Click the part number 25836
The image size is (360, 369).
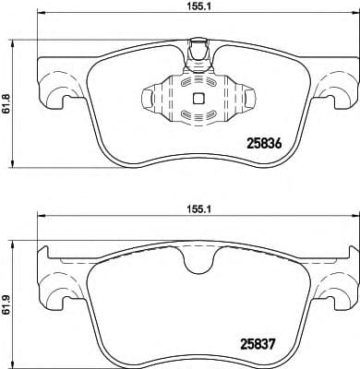point(266,144)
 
